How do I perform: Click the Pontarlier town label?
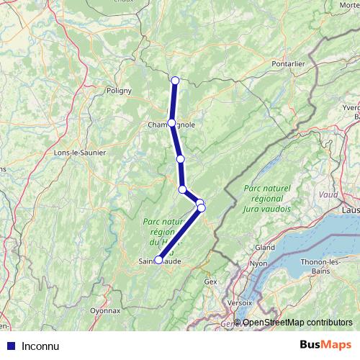289,63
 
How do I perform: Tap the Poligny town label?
119,91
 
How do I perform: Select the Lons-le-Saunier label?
80,153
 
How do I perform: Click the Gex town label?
210,282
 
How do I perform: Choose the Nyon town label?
258,264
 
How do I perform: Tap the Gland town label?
265,246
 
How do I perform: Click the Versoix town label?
239,303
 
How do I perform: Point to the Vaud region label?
328,194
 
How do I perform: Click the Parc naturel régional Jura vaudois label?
267,198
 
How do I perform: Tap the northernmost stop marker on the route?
176,80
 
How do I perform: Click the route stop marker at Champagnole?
171,123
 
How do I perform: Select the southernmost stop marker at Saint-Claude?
158,261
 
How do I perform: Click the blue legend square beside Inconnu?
10,346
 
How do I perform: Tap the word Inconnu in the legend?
40,346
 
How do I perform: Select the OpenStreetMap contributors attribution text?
297,322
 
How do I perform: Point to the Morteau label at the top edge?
351,5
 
